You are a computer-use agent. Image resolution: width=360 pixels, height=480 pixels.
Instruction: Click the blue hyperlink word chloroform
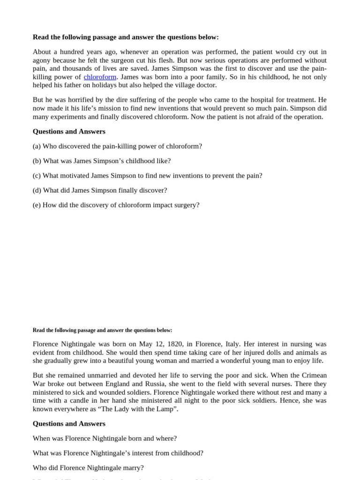pyautogui.click(x=100, y=77)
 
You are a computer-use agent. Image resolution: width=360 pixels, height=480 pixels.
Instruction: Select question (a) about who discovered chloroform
pyautogui.click(x=117, y=146)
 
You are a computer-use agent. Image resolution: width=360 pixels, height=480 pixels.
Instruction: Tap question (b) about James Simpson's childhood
pyautogui.click(x=102, y=161)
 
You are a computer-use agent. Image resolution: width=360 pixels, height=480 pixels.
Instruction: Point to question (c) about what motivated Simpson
pyautogui.click(x=147, y=176)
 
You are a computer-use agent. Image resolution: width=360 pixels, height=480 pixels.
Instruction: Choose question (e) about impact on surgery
pyautogui.click(x=116, y=205)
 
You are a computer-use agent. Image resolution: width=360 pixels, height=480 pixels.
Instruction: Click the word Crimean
pyautogui.click(x=315, y=376)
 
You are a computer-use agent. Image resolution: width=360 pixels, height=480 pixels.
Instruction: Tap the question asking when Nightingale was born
pyautogui.click(x=105, y=438)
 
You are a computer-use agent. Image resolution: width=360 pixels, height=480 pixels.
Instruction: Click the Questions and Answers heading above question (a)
pyautogui.click(x=69, y=132)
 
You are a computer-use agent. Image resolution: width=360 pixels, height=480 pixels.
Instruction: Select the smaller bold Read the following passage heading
pyautogui.click(x=102, y=330)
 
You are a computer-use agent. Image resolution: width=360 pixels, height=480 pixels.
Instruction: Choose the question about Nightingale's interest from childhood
pyautogui.click(x=118, y=453)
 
